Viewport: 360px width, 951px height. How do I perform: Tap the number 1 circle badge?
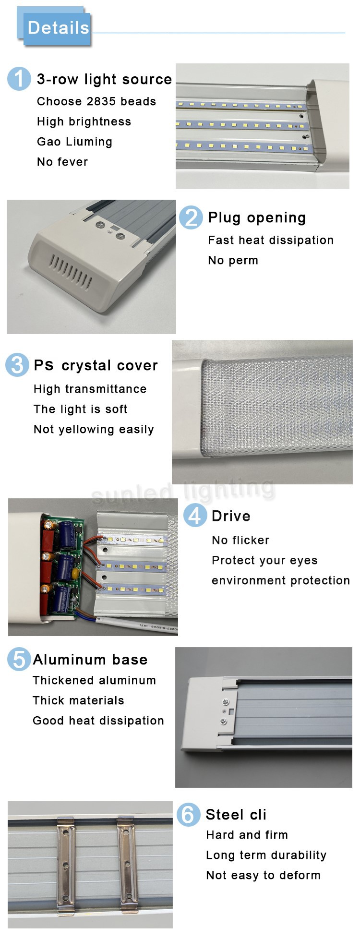(x=19, y=79)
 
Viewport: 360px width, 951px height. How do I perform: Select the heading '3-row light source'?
(x=104, y=79)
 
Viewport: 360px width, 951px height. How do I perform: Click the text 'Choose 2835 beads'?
(x=96, y=101)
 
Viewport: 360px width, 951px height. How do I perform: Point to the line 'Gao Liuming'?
(x=74, y=142)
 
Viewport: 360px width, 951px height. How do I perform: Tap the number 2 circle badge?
(x=191, y=217)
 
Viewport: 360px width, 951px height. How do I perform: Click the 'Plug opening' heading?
(x=257, y=218)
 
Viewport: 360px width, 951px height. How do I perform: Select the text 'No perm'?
(x=233, y=260)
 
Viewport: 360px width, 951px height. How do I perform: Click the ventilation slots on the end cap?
(x=71, y=272)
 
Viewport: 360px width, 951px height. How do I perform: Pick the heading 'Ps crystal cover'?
(x=96, y=365)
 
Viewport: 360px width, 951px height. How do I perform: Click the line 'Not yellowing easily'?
(x=94, y=430)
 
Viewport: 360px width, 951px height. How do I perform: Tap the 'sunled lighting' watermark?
(x=183, y=491)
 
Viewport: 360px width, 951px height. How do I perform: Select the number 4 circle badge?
(x=195, y=516)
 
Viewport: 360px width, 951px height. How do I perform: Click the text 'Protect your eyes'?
(x=264, y=561)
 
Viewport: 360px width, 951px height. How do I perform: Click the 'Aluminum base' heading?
(x=90, y=660)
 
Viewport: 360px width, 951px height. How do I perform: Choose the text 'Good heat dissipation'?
(x=98, y=721)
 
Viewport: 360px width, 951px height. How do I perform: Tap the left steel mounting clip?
(x=66, y=864)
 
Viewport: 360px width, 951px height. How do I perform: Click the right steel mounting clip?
(x=128, y=864)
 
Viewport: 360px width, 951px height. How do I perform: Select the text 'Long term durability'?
(x=266, y=855)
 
